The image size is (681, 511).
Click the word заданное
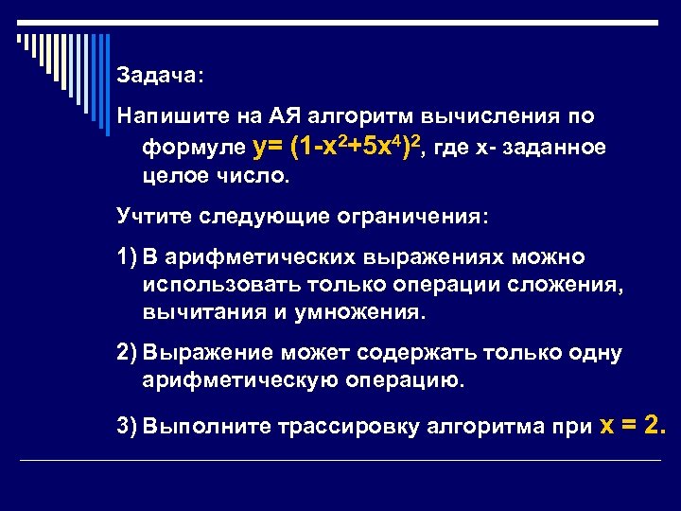[558, 149]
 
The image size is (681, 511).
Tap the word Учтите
[154, 218]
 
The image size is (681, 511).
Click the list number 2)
[127, 354]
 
